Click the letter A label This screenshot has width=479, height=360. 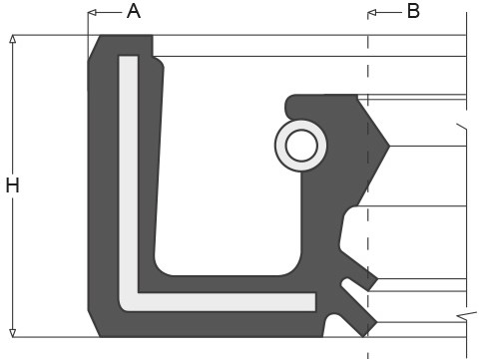134,11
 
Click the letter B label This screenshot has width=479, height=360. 413,11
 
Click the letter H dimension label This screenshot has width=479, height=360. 13,185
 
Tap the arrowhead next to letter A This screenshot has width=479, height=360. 92,13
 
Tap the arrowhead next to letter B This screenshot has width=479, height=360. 372,13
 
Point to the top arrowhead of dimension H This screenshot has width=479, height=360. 13,39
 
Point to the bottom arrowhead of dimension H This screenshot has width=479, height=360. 13,333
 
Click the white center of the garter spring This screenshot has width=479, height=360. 301,146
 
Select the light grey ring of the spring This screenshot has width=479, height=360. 280,146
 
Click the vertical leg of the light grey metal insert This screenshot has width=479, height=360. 129,173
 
